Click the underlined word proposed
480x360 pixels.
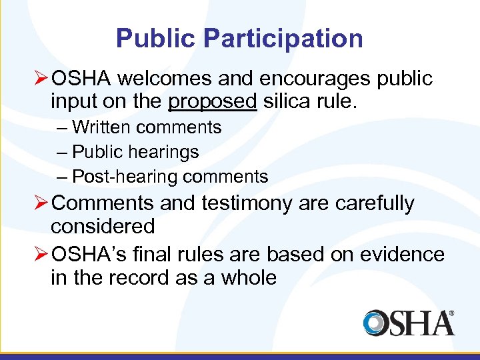(x=212, y=102)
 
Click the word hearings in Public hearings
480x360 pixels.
(x=164, y=152)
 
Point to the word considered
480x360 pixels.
(x=103, y=227)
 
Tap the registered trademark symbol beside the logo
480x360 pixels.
(x=451, y=313)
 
